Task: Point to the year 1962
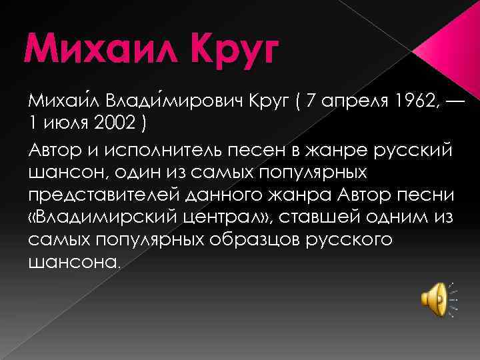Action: [409, 102]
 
